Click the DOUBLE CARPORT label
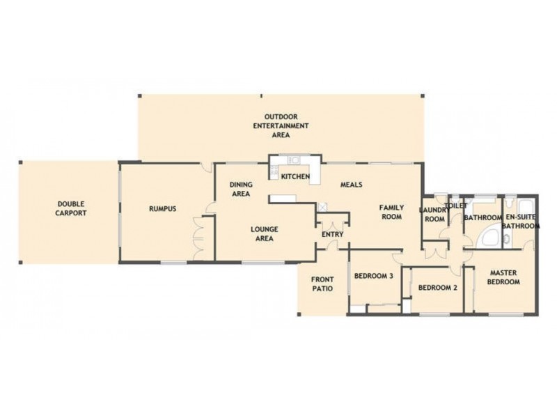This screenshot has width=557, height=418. point(71,208)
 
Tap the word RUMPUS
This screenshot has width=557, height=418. point(162,208)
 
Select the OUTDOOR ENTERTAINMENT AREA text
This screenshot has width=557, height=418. point(281,125)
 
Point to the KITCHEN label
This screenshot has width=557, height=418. point(295,177)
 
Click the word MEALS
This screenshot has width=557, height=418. point(351,185)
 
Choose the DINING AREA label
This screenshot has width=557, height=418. point(240,189)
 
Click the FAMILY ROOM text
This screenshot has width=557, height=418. point(391,212)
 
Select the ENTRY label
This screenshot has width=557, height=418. point(332,235)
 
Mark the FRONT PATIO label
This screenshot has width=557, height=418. point(322,284)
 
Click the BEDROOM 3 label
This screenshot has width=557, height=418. point(374,276)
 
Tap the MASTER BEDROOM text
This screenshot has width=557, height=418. point(504,277)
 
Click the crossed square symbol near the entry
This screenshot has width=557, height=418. point(322,207)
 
